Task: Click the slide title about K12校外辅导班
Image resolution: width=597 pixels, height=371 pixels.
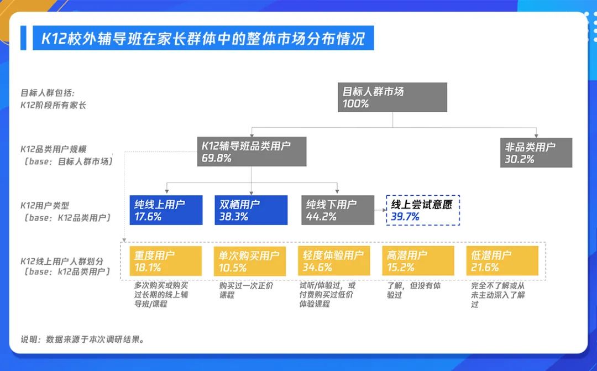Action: click(x=203, y=38)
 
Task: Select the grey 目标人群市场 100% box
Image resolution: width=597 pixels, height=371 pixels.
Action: click(x=392, y=97)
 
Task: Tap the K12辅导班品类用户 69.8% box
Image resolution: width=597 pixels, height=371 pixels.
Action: click(x=252, y=151)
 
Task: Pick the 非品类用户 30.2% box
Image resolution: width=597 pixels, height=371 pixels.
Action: click(x=536, y=153)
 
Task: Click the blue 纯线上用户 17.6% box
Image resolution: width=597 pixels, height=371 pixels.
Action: click(x=166, y=210)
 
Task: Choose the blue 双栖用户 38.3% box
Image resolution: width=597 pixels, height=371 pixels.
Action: click(x=251, y=210)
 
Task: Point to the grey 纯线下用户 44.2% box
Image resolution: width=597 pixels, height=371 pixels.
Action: click(x=338, y=210)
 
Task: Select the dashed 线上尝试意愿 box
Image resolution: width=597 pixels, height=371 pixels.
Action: click(x=423, y=210)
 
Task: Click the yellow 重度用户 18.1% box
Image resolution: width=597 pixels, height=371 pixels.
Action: click(x=166, y=261)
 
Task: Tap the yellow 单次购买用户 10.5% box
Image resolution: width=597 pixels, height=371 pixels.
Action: click(x=250, y=261)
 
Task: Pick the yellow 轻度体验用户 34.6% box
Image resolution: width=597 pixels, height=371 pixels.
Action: click(x=334, y=261)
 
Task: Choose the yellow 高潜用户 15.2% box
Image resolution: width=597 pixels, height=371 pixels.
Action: click(x=418, y=261)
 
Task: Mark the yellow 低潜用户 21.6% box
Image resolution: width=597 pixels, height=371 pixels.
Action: click(x=502, y=261)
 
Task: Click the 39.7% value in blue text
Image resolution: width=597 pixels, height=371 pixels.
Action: click(x=405, y=217)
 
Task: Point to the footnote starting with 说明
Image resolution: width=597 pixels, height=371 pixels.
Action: click(x=82, y=339)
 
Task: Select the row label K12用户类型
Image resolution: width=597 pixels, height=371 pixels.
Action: click(x=45, y=206)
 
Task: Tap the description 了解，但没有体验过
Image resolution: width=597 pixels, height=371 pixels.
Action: click(x=413, y=290)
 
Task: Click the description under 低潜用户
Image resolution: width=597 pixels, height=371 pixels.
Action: click(x=498, y=295)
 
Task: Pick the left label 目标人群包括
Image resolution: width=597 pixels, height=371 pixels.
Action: click(x=48, y=93)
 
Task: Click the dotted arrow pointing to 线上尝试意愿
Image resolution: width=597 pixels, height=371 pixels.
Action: click(x=380, y=210)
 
